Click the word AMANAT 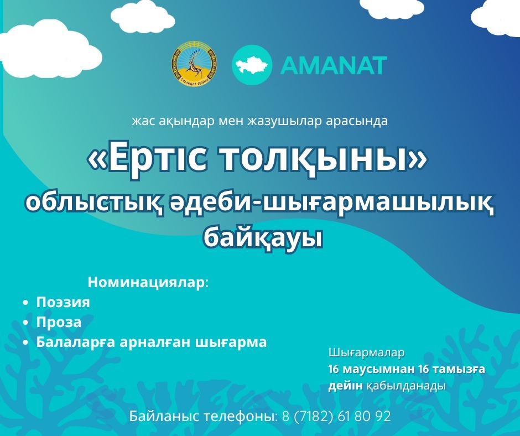point(334,65)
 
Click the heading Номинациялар point(148,282)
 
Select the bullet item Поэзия point(63,303)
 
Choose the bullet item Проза point(59,323)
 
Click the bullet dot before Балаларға point(25,342)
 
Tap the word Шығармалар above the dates point(366,352)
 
